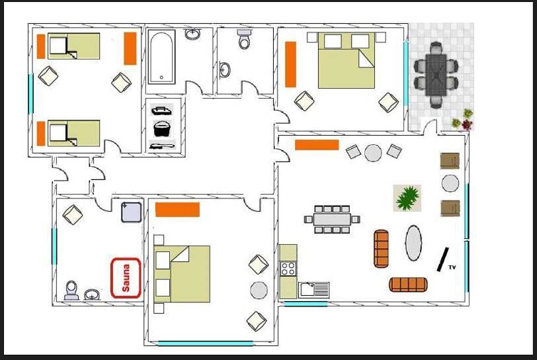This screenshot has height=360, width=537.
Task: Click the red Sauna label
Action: tap(126, 278)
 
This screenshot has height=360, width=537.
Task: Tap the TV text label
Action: tap(452, 267)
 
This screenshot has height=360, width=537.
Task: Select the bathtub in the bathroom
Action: tap(161, 57)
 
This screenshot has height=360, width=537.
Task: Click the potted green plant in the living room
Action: tap(407, 198)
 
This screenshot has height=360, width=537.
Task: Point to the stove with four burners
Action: tap(288, 269)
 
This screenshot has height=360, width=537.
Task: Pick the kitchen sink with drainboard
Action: tap(313, 290)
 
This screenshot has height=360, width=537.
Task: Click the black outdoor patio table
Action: tap(436, 75)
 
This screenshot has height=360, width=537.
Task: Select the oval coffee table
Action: tap(413, 243)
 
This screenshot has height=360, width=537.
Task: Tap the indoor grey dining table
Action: tap(332, 220)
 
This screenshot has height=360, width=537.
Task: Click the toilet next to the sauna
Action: tap(71, 291)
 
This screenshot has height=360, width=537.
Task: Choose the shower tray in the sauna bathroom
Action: tap(131, 212)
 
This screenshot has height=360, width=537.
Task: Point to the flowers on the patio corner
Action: tap(463, 120)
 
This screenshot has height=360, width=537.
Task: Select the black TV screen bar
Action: tap(443, 259)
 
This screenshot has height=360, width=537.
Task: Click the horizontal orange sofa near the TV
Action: tap(408, 285)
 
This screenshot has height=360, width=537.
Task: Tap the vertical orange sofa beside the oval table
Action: tap(382, 249)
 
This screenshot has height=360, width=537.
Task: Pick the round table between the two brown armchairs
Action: tap(450, 183)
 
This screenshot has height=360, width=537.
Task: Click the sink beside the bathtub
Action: tap(193, 34)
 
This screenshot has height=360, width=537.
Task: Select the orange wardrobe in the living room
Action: tap(317, 145)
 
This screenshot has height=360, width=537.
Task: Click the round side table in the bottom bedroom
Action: tap(259, 291)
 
